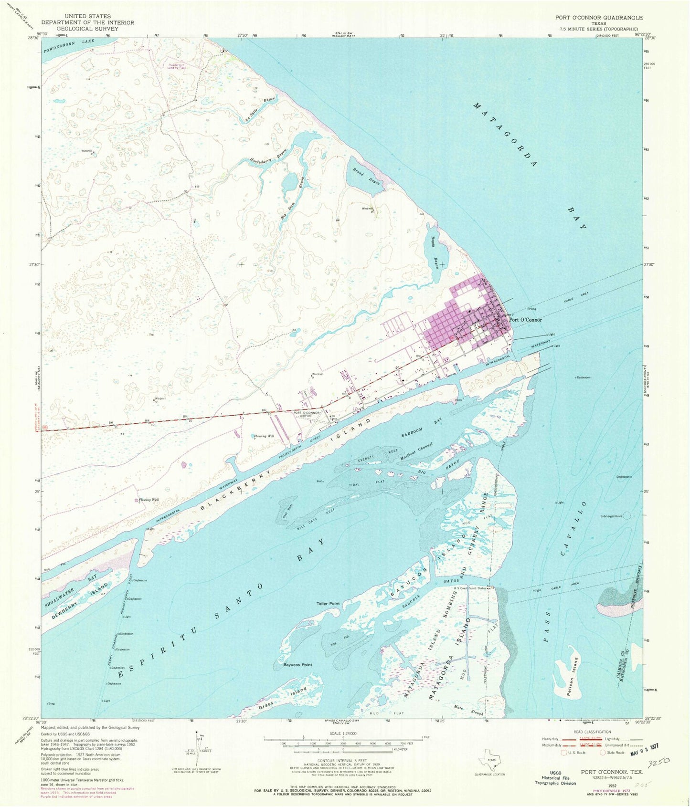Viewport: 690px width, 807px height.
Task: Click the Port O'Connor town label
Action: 525,320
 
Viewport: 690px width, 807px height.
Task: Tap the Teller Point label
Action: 328,604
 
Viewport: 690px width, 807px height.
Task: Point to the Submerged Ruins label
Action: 612,516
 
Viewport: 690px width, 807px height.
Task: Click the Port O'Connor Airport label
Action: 307,415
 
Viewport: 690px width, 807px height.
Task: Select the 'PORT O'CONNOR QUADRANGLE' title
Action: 598,18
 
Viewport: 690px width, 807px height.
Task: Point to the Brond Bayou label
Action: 366,176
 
